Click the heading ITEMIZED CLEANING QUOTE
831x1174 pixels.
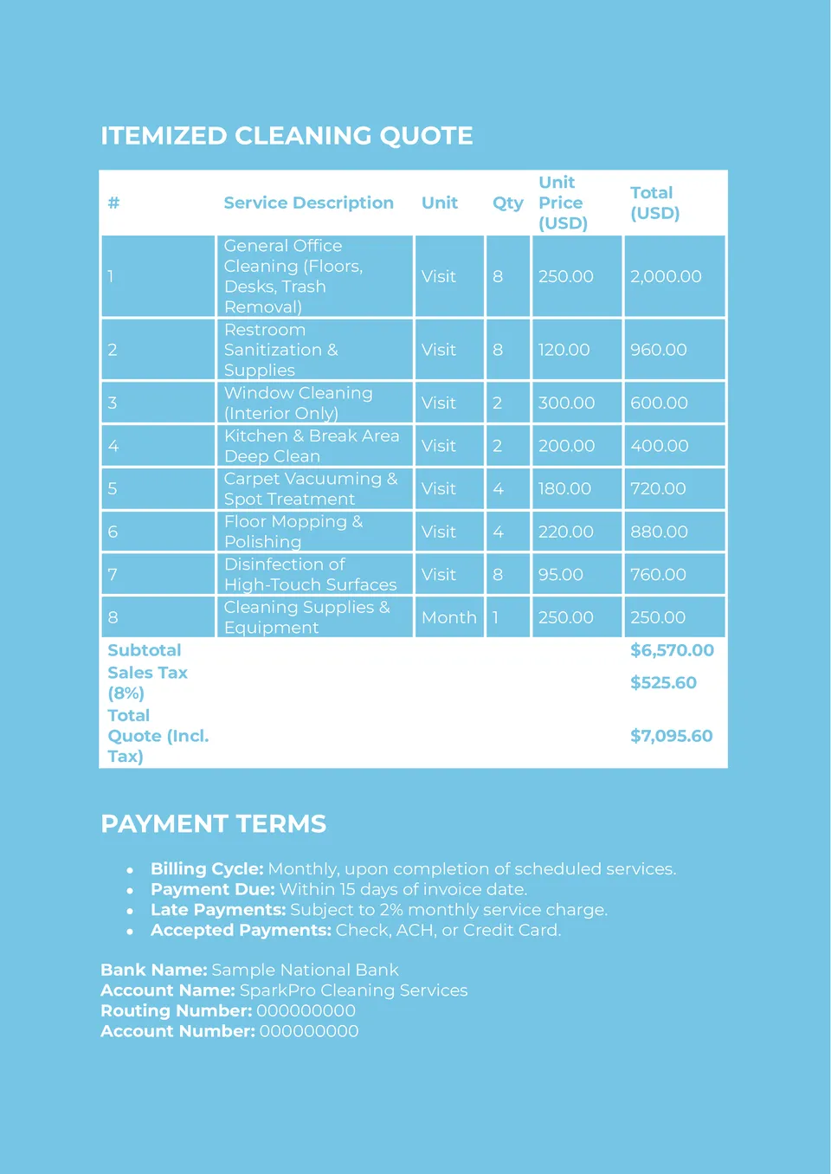287,136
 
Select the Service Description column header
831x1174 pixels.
308,203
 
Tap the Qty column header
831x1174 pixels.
507,203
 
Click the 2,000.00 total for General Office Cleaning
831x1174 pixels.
666,276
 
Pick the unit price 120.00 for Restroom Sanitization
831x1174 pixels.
564,350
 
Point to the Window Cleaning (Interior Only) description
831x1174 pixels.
298,403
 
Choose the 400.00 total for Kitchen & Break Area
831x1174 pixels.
659,446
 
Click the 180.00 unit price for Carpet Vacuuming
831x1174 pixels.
564,488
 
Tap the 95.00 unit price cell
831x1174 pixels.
561,574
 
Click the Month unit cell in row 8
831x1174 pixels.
448,617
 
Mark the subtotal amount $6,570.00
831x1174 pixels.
672,650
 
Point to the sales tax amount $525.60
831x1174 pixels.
663,682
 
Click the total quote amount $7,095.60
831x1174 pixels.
671,736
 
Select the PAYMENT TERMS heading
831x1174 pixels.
213,823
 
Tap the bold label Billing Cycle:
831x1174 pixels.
207,868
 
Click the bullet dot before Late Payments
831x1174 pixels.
130,911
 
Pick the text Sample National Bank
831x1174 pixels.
305,970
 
